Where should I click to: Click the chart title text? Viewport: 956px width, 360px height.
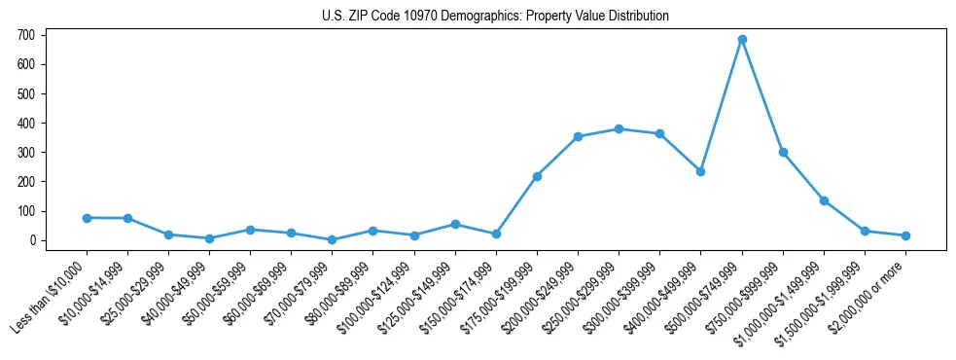(x=495, y=16)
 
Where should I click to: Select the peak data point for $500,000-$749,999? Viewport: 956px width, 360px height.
(x=742, y=40)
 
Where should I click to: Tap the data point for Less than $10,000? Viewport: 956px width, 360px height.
(x=87, y=218)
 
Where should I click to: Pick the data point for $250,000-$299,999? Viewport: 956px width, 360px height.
(x=619, y=128)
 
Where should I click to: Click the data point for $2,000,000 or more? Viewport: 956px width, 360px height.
(x=905, y=235)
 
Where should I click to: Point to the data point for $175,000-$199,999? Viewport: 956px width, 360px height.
(x=537, y=176)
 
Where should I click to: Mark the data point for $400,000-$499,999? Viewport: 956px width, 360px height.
(x=700, y=171)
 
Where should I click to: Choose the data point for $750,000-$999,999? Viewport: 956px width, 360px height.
(x=783, y=152)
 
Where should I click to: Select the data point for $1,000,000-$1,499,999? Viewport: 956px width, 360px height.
(x=824, y=200)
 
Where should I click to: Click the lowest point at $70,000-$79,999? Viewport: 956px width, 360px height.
(x=333, y=239)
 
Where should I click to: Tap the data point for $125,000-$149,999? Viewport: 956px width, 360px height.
(x=455, y=224)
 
